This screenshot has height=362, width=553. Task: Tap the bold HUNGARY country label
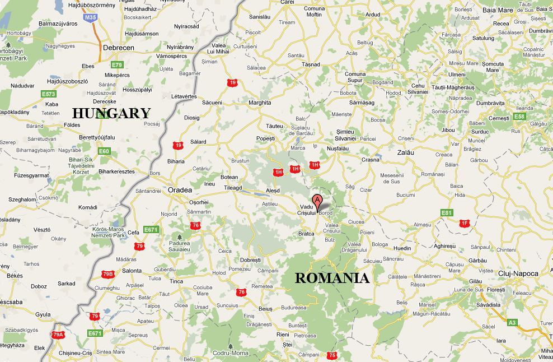111,113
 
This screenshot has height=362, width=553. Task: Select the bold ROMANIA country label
332,278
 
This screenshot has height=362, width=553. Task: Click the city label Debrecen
118,48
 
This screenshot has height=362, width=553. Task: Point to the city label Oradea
180,191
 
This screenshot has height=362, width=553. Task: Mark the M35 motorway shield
90,17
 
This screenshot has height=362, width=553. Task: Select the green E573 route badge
49,94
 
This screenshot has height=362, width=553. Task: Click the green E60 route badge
104,151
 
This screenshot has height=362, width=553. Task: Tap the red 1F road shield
464,223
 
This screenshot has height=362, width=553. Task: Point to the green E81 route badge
446,212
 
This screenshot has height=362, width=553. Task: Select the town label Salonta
132,271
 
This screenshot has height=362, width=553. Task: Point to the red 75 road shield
332,355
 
